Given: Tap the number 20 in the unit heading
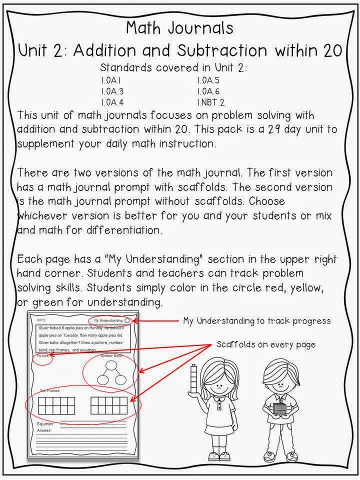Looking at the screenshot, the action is pyautogui.click(x=332, y=50).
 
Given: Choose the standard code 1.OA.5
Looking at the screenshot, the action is pyautogui.click(x=208, y=80).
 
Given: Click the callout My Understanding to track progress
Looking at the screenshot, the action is pyautogui.click(x=256, y=320).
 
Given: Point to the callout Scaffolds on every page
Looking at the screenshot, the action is pyautogui.click(x=265, y=344).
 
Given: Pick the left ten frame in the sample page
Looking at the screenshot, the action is pyautogui.click(x=56, y=406).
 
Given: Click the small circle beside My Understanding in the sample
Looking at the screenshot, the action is pyautogui.click(x=127, y=320).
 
